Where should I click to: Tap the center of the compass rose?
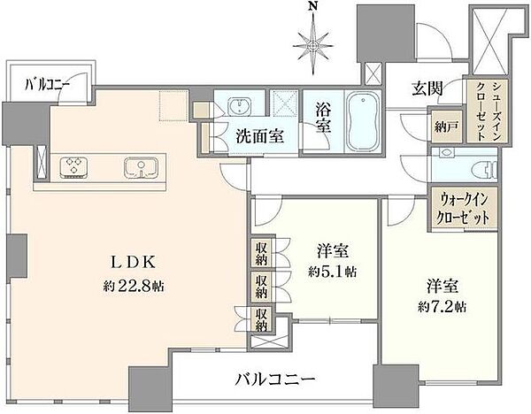point(311,42)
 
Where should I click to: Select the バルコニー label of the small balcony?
point(48,86)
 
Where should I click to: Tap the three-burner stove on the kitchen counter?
point(75,165)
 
